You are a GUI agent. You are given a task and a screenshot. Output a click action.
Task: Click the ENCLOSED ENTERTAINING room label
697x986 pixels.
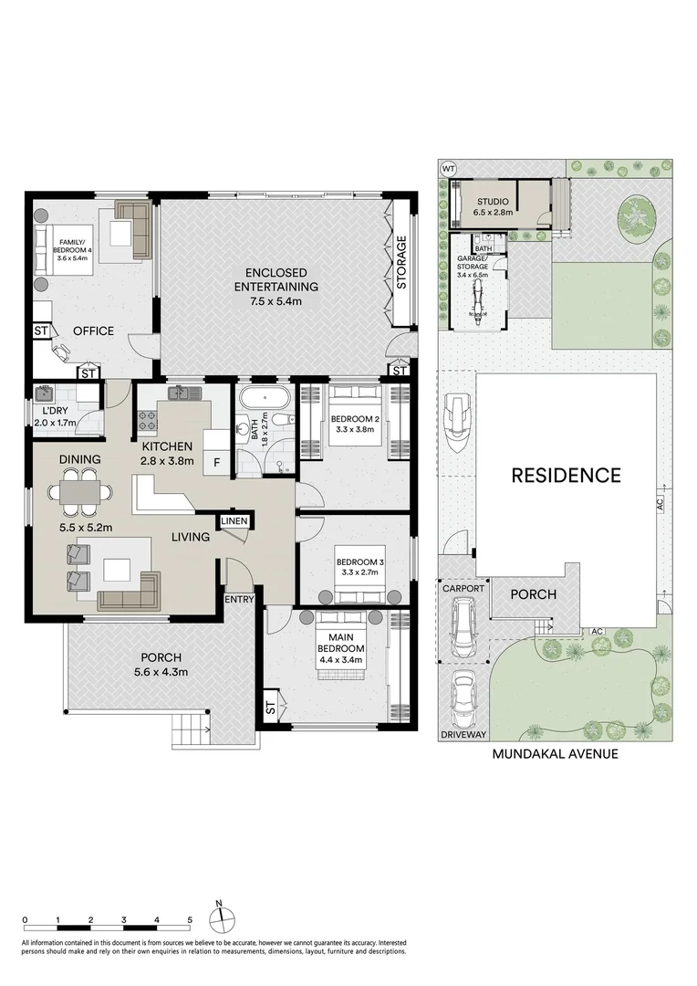click(276, 279)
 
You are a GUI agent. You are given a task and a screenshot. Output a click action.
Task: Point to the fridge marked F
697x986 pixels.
click(216, 463)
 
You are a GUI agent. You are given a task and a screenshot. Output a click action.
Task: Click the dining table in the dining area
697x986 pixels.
click(80, 492)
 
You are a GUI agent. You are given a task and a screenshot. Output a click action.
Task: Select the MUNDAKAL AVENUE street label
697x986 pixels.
click(555, 753)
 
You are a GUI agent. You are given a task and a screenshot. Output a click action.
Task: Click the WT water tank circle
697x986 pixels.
click(448, 168)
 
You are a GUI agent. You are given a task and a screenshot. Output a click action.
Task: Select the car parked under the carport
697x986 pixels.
click(463, 627)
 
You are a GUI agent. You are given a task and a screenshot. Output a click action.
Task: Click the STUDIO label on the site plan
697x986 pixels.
click(493, 202)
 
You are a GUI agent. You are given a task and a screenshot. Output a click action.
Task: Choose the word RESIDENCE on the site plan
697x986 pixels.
click(566, 476)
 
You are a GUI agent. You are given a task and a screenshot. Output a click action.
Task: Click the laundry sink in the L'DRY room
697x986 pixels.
click(45, 395)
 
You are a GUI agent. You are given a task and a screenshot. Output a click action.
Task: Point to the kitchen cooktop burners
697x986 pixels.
click(147, 421)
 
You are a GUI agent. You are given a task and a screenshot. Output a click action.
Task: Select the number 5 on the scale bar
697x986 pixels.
click(190, 920)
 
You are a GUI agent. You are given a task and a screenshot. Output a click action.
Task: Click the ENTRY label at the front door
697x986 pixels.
click(239, 599)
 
